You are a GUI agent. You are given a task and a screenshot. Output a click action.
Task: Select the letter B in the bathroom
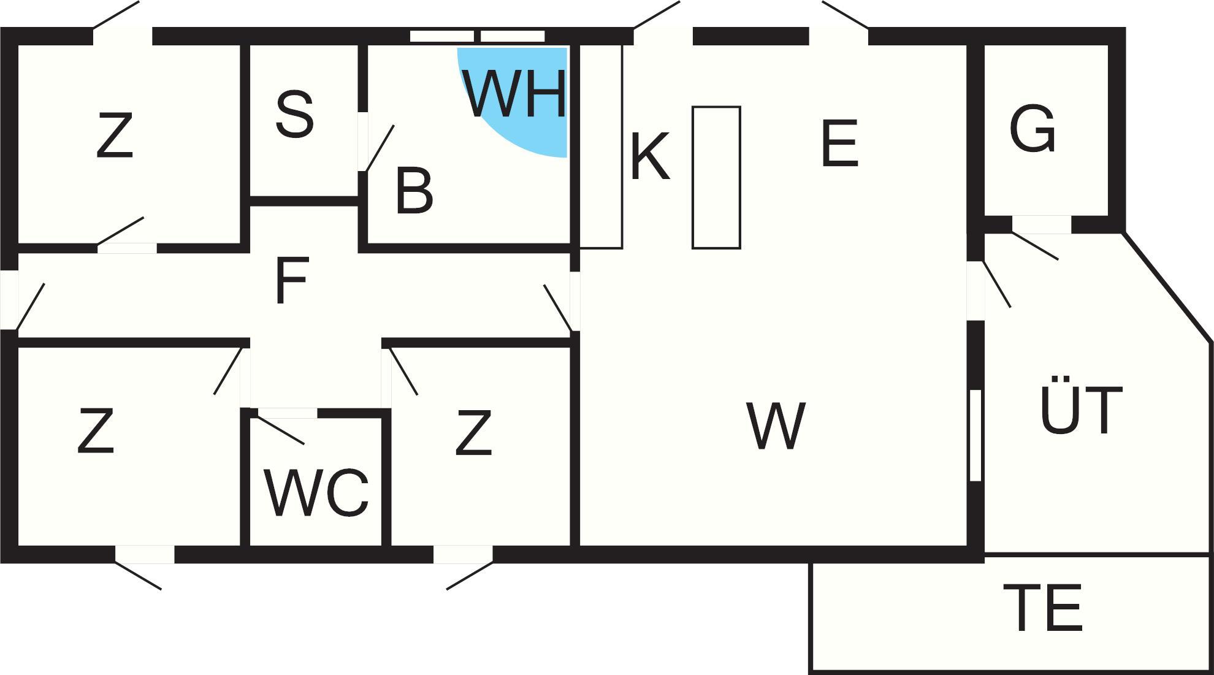[x=414, y=192]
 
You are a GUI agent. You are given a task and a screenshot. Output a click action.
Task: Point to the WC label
[x=317, y=494]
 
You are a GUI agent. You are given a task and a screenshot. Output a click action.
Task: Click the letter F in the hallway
[x=291, y=281]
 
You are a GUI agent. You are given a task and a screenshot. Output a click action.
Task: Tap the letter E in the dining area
[x=839, y=144]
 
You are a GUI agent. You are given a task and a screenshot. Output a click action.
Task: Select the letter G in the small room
[x=1033, y=129]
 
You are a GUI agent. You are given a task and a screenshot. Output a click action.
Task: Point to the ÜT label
[x=1081, y=410]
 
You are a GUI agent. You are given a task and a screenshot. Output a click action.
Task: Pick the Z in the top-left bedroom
[x=115, y=136]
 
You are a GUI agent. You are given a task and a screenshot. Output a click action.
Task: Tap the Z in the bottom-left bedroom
[x=96, y=432]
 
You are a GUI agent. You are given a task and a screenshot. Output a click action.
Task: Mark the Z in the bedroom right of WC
[x=474, y=434]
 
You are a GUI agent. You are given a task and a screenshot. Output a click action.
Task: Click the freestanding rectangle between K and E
[x=716, y=177]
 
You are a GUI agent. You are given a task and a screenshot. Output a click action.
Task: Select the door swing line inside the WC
[x=280, y=430]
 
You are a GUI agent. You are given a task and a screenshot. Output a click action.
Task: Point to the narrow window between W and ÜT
[x=975, y=435]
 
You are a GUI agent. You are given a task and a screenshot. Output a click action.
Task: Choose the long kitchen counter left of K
[x=601, y=147]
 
